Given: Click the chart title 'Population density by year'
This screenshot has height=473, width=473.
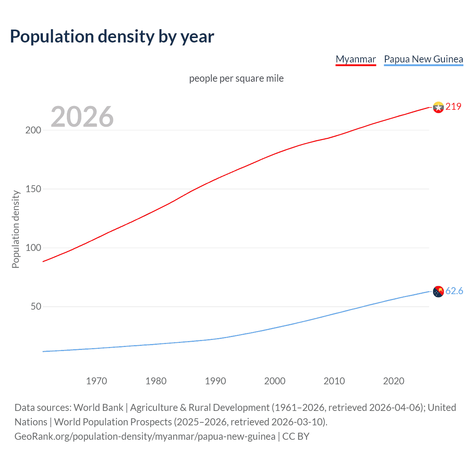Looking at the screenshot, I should point(112,37).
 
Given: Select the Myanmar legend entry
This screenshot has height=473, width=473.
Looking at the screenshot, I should point(355,59).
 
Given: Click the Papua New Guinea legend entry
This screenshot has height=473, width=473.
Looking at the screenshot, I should point(423,59).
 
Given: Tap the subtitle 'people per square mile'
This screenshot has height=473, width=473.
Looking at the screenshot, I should point(236,78).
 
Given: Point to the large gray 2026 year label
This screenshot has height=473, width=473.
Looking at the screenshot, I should point(82,117).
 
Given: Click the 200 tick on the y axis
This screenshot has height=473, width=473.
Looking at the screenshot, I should point(33,130).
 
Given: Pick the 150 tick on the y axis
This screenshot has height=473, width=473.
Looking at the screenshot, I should point(33,189).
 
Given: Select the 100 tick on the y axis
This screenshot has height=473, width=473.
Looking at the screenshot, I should point(33,248).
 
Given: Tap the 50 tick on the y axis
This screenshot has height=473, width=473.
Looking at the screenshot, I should point(35,306).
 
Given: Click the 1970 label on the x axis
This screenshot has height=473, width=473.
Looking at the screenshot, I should point(96,381).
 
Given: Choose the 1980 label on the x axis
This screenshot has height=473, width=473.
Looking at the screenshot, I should point(156,381).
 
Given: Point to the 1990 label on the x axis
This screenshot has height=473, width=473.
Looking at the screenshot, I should point(215,381).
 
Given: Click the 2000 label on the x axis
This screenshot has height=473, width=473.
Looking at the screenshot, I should point(275,381).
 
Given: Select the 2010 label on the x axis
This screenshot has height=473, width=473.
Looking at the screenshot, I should point(334,381).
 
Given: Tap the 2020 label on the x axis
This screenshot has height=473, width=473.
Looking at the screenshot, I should point(394,381).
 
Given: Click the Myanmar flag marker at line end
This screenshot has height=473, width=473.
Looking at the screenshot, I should point(438,107).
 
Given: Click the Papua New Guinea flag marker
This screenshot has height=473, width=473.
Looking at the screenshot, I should point(438,292).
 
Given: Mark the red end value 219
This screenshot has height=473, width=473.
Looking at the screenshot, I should point(453,106).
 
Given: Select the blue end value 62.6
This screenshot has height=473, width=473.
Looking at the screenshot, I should point(454,291).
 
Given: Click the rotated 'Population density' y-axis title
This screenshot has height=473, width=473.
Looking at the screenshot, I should point(16,229).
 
